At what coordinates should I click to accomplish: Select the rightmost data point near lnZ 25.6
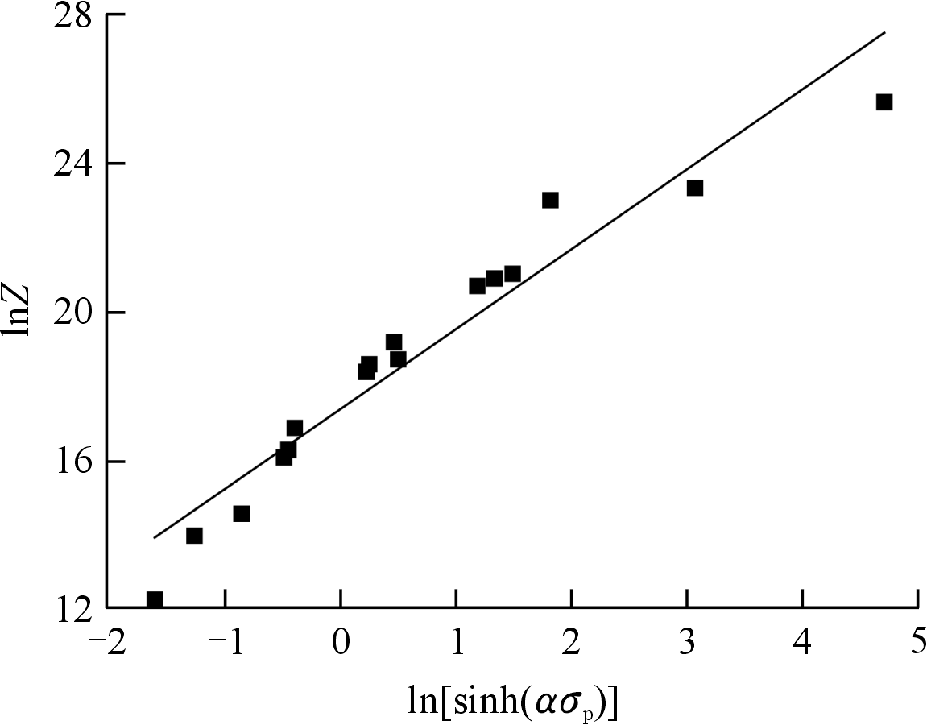(x=884, y=102)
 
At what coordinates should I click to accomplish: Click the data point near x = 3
(x=695, y=188)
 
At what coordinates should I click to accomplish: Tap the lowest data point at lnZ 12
(x=155, y=599)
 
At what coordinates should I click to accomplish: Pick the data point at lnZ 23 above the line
(x=550, y=200)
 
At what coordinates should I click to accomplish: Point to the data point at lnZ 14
(x=194, y=536)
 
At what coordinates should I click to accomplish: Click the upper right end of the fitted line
(x=885, y=32)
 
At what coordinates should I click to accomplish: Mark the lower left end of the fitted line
(x=154, y=537)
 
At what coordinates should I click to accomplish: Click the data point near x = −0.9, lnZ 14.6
(x=241, y=514)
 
